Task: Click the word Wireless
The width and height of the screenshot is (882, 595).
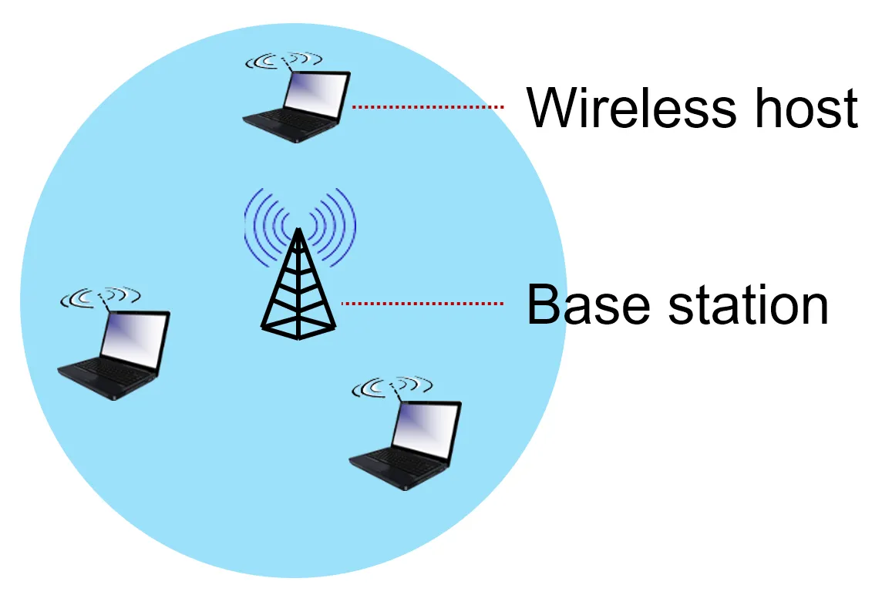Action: (x=631, y=107)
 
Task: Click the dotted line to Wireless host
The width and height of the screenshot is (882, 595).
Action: (x=427, y=106)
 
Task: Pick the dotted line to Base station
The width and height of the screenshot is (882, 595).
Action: (x=422, y=303)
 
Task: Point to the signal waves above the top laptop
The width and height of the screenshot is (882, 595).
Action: (x=284, y=60)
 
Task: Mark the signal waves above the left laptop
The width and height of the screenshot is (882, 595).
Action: (x=100, y=297)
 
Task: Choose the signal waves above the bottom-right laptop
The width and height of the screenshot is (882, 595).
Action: (x=392, y=386)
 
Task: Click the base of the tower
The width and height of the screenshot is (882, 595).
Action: (x=298, y=328)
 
